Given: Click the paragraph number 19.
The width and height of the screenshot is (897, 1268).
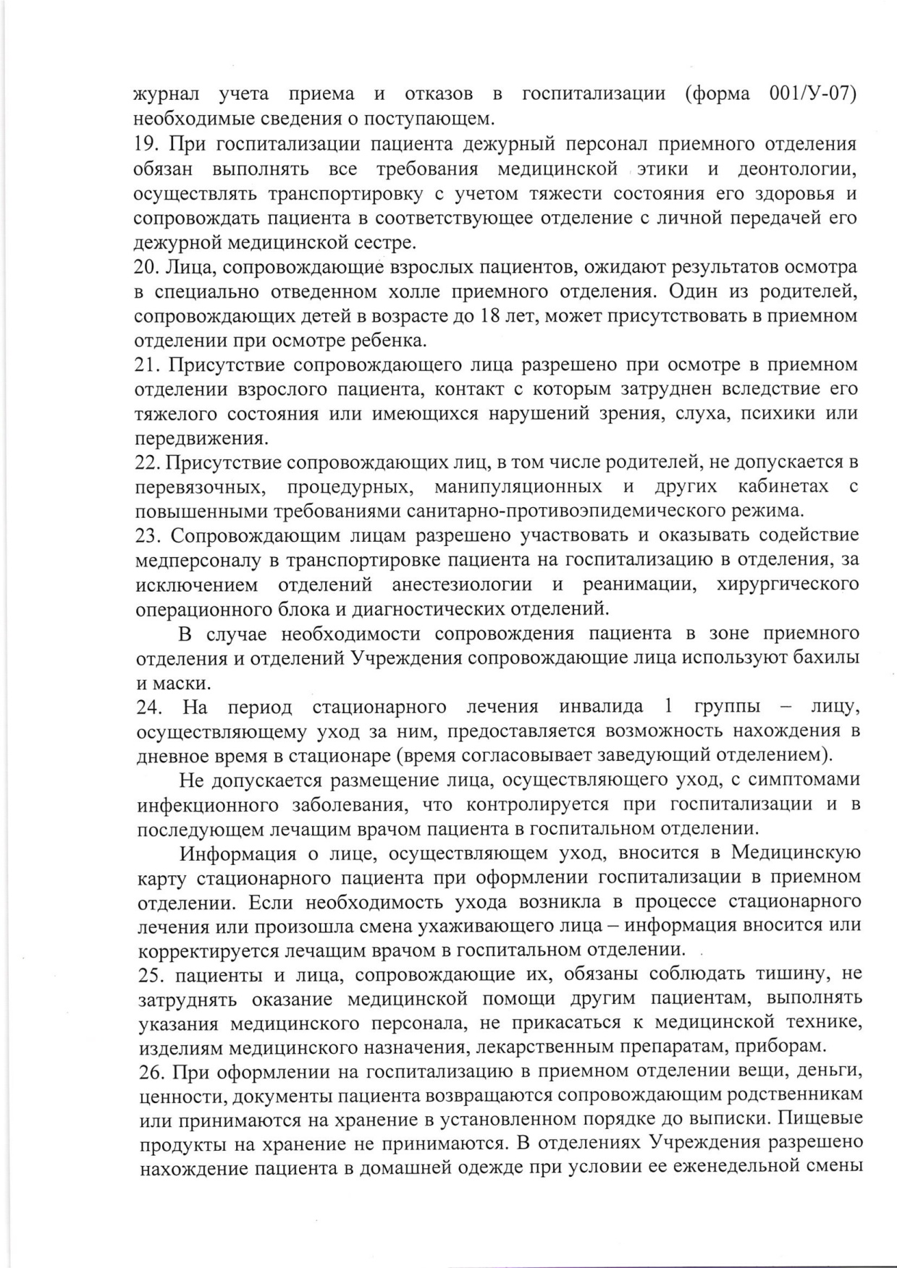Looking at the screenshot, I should pyautogui.click(x=148, y=144).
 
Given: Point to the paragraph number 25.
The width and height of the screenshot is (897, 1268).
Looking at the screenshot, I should pyautogui.click(x=151, y=975).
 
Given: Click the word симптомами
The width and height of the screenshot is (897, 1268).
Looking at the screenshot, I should pyautogui.click(x=805, y=780).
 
